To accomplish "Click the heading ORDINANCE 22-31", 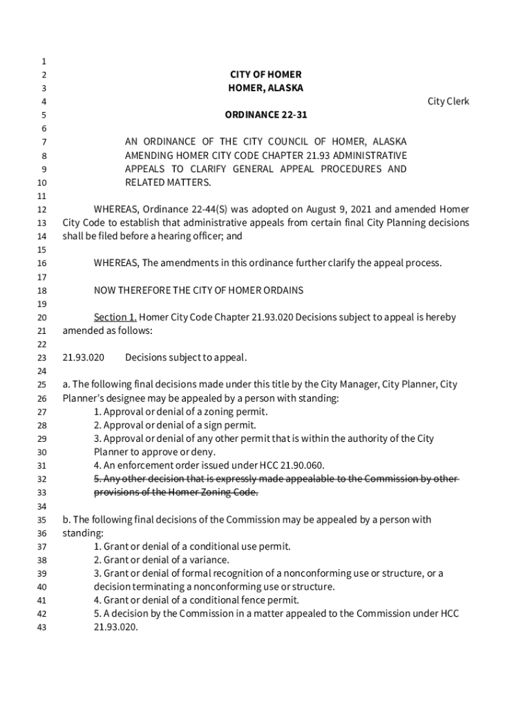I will (266, 115).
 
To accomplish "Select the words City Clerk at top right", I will (448, 102).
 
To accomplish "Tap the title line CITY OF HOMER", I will (266, 74).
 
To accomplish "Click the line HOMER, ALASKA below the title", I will (266, 88).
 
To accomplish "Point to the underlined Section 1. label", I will (115, 317).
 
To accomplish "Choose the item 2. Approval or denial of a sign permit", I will (175, 425).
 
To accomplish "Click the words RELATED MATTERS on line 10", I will (167, 183).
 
